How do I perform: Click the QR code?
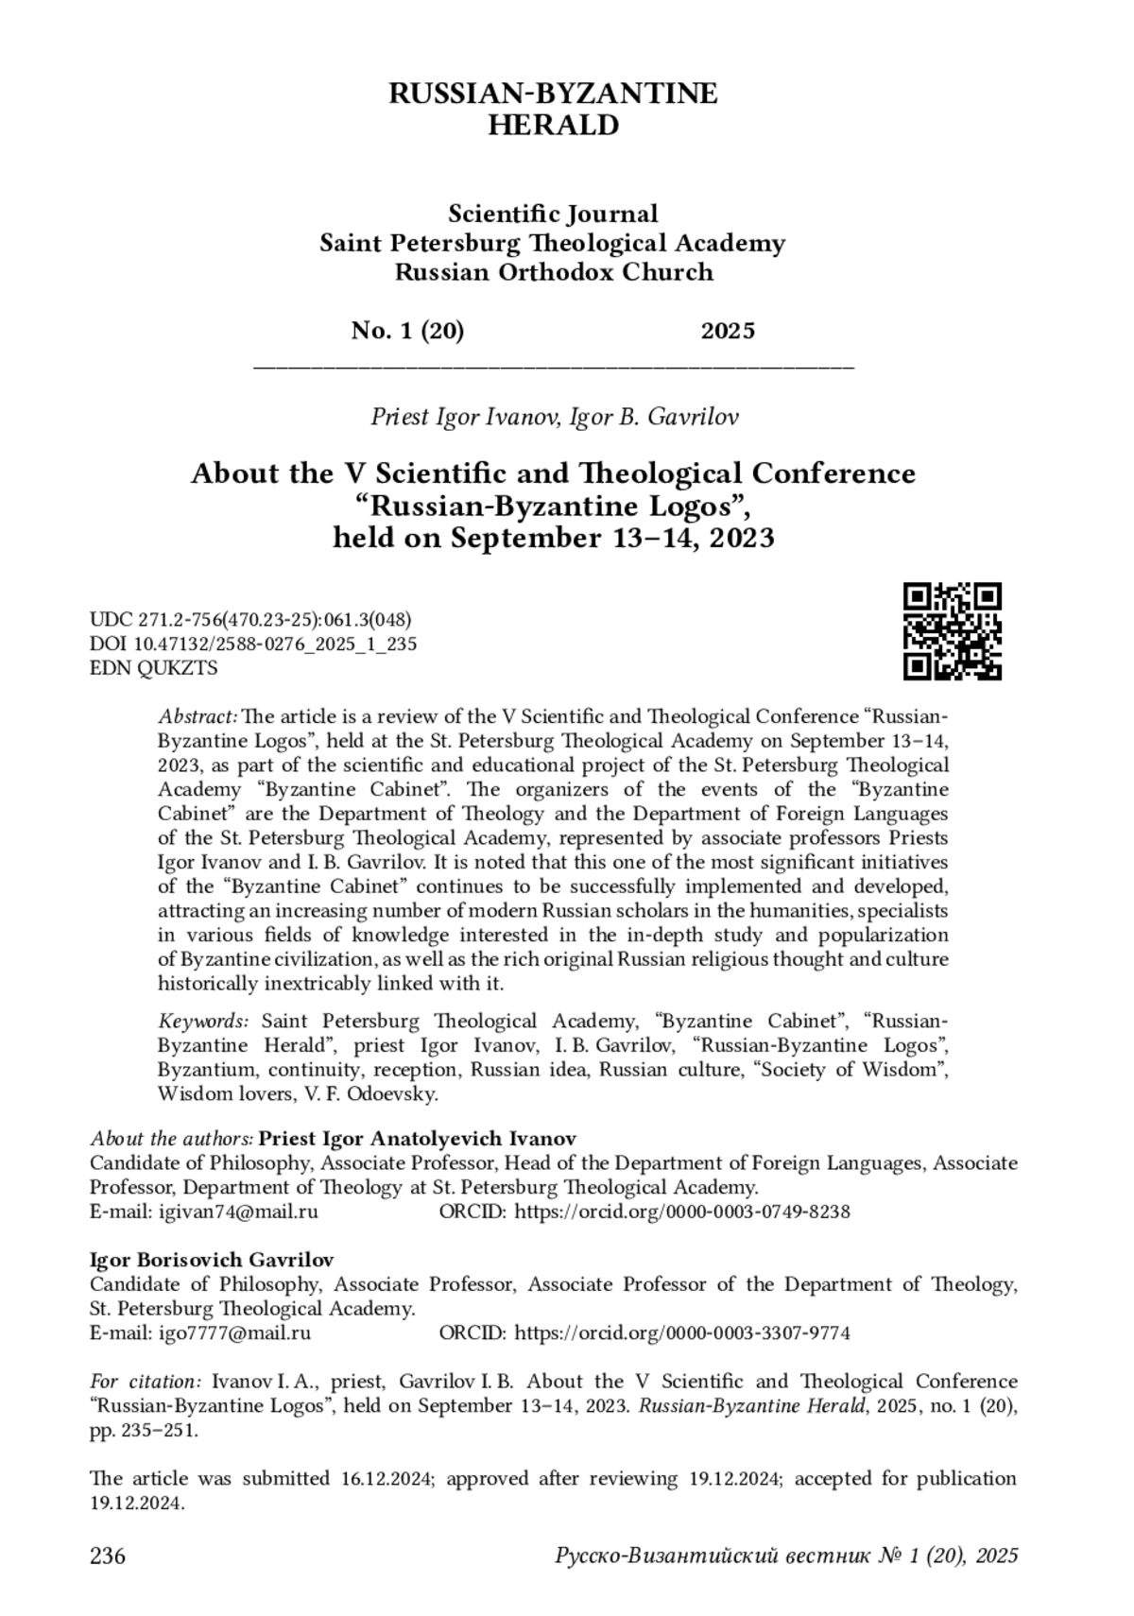[x=952, y=631]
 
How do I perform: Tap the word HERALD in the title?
[x=553, y=125]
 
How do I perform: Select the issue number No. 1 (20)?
[x=407, y=331]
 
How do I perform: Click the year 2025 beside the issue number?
[x=728, y=331]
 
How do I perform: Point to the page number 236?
[x=108, y=1555]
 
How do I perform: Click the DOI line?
[x=253, y=645]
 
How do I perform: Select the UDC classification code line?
[x=250, y=620]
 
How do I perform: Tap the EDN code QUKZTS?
[x=154, y=668]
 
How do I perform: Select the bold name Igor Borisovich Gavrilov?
[x=212, y=1260]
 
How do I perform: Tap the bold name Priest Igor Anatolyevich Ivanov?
[x=417, y=1138]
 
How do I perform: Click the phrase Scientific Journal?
[x=553, y=214]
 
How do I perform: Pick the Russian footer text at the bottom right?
[x=786, y=1555]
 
